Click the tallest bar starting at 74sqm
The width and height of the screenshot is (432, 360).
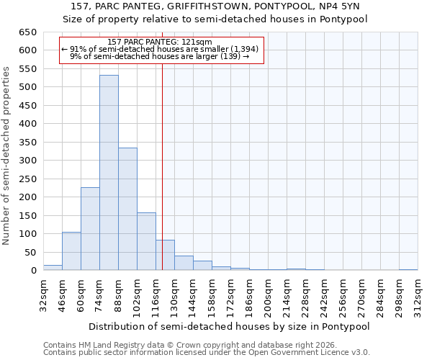109,173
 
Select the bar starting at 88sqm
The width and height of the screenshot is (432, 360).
127,209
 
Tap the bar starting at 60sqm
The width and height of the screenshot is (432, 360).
90,228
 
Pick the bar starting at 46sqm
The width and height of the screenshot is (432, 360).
71,251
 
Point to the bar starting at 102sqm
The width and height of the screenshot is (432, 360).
146,241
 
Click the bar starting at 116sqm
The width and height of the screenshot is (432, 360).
165,255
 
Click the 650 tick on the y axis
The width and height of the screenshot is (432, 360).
27,32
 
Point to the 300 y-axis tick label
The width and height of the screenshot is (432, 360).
27,161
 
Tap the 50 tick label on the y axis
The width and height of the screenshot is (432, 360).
30,253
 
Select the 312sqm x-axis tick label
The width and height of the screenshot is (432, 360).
418,295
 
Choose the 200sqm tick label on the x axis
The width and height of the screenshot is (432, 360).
268,295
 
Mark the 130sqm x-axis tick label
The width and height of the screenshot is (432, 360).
174,295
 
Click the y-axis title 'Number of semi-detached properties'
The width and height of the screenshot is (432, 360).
7,156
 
